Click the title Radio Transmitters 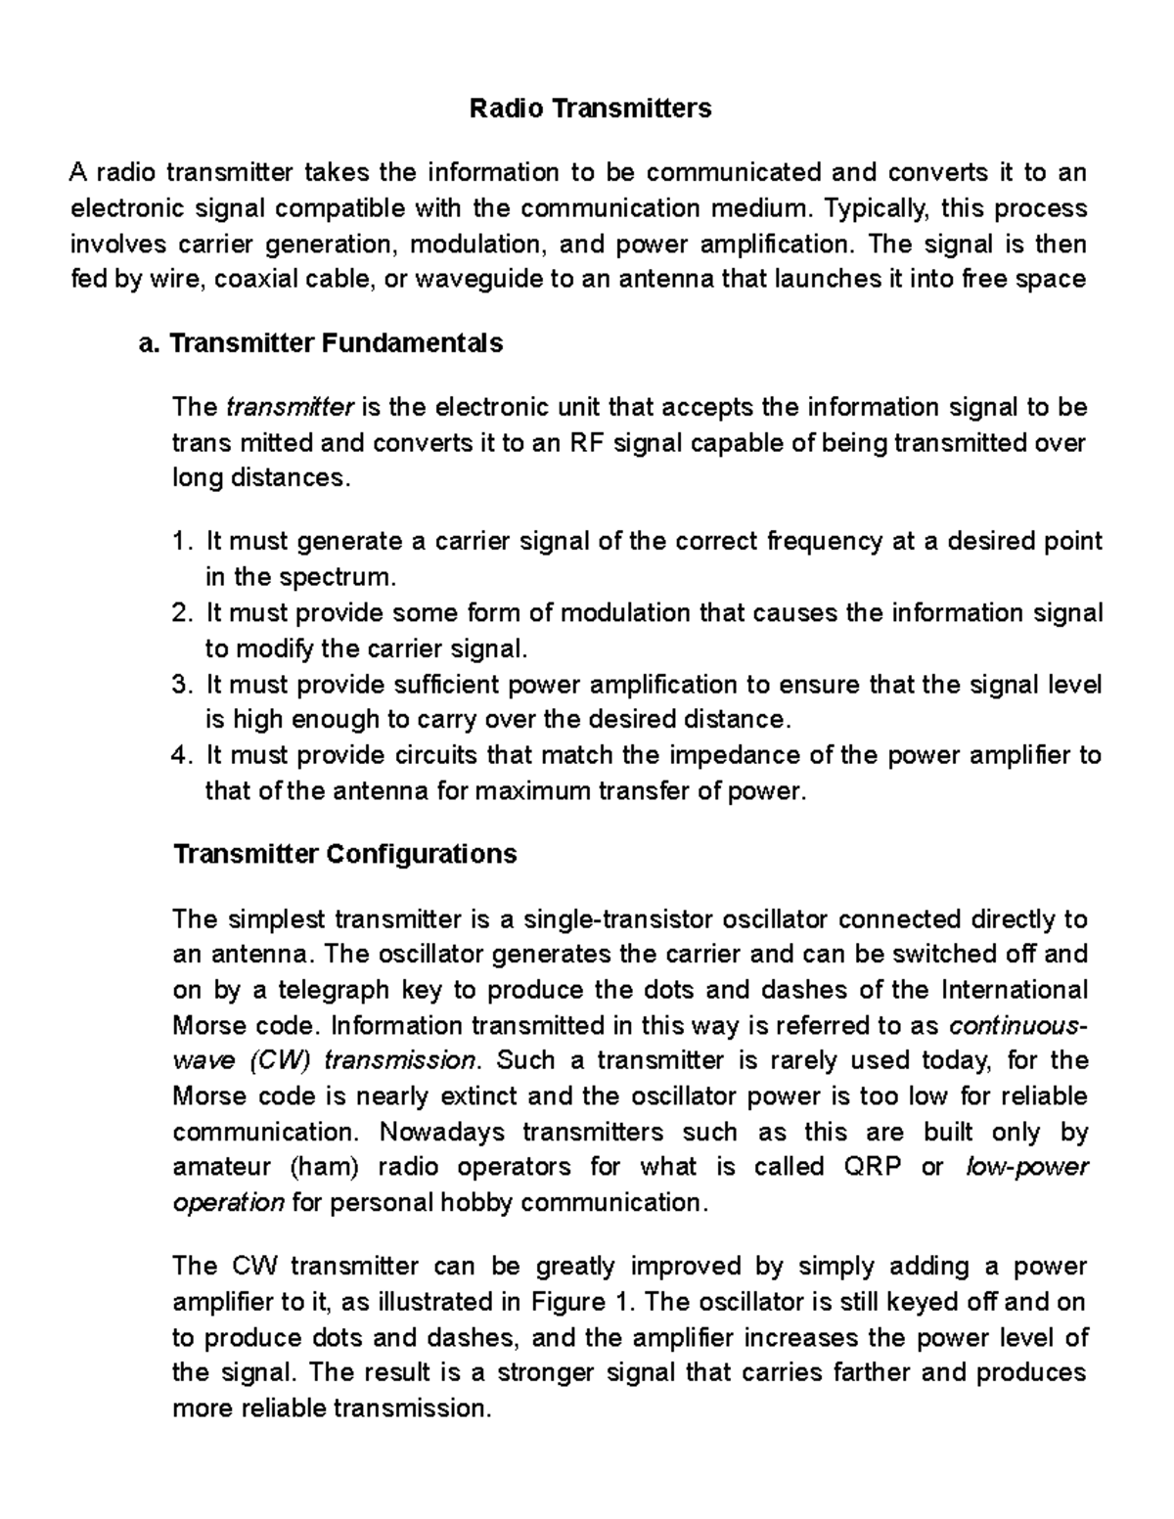click(x=590, y=108)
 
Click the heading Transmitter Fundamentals click(x=336, y=343)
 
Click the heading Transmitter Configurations click(x=344, y=855)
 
